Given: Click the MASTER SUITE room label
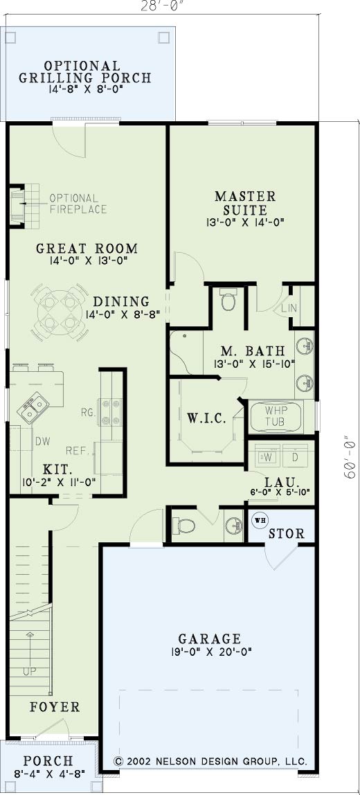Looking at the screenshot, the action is (x=245, y=202).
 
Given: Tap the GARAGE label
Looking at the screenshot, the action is (x=209, y=638).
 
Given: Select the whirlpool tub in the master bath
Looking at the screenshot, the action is (x=276, y=416).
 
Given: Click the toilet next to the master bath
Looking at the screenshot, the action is (x=228, y=300).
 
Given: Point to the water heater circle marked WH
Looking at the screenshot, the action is (x=259, y=521).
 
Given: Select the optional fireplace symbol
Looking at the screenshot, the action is (x=24, y=206).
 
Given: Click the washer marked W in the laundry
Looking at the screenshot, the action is (x=267, y=455).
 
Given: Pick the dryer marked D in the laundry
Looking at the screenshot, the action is (x=296, y=455).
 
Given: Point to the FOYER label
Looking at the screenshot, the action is (x=55, y=707).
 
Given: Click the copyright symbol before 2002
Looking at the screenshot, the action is (x=118, y=762).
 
